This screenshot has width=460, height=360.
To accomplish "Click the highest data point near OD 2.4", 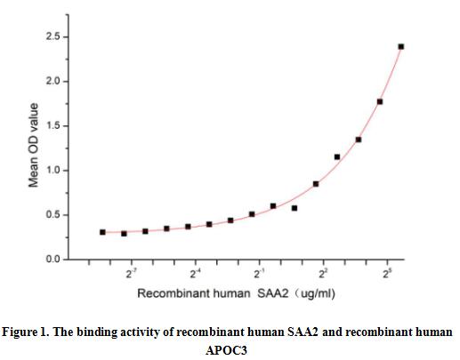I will pyautogui.click(x=401, y=46).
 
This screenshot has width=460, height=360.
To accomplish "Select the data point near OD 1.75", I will pyautogui.click(x=380, y=101).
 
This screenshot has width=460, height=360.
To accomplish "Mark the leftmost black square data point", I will pyautogui.click(x=102, y=232).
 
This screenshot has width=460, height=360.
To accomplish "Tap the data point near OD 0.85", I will pyautogui.click(x=316, y=184).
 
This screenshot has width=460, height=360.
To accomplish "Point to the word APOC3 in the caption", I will pyautogui.click(x=229, y=350).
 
